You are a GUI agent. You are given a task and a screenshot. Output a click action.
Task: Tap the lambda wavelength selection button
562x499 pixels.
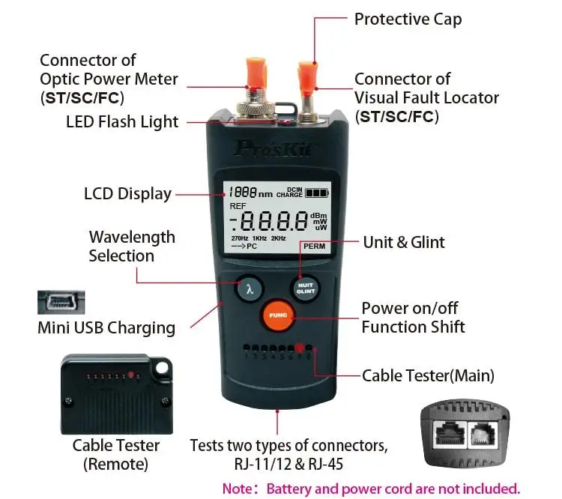[x=250, y=288]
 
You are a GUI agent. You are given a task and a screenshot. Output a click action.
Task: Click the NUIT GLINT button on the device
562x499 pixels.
[x=304, y=289]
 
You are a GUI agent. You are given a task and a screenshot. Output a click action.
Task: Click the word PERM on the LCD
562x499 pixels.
[x=315, y=245]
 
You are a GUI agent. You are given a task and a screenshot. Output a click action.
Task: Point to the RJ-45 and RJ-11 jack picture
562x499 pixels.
[x=465, y=432]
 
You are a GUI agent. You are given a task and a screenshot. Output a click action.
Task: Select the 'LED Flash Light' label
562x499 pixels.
[x=122, y=122]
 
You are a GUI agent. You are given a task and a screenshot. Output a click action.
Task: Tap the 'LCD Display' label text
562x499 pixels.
[x=127, y=193]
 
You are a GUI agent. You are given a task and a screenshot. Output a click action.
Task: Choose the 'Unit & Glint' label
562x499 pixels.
[x=404, y=242]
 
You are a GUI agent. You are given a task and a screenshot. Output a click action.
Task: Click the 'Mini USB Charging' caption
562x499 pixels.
[x=106, y=327]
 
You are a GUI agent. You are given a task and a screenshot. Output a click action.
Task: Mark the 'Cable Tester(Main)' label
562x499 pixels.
[x=428, y=375]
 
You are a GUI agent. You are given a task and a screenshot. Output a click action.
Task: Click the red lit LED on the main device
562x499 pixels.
[x=300, y=348]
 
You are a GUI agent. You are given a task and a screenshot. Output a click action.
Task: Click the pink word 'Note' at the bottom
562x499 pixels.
[x=239, y=489]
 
